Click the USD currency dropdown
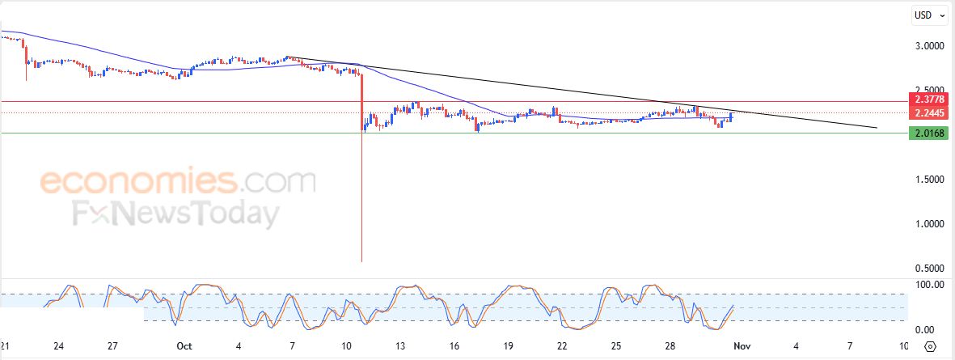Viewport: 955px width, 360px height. [x=927, y=15]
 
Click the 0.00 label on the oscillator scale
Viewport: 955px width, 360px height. [x=923, y=329]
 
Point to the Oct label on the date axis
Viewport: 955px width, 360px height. [x=184, y=346]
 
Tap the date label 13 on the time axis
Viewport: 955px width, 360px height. [x=400, y=346]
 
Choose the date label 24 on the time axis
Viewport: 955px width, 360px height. [x=58, y=346]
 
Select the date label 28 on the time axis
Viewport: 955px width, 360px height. [x=670, y=346]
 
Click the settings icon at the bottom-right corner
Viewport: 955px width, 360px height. [x=931, y=346]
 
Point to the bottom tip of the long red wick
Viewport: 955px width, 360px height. [x=361, y=260]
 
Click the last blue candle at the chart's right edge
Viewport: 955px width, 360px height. [x=731, y=117]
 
